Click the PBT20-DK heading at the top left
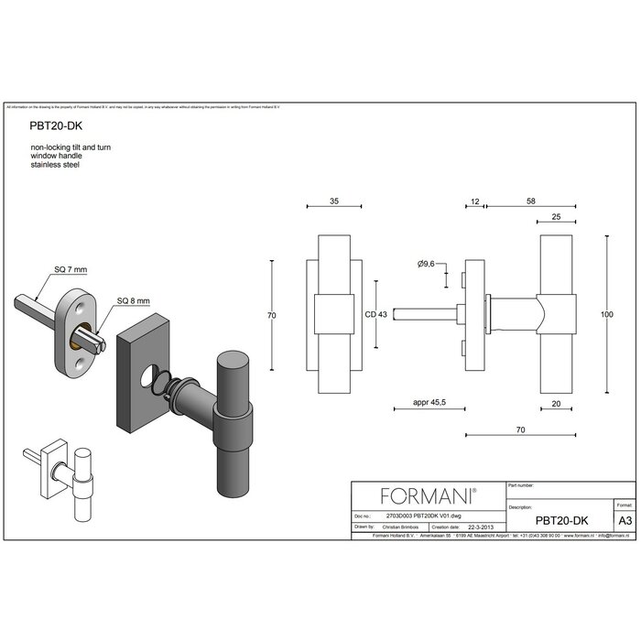point(55,130)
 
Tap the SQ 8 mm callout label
point(133,301)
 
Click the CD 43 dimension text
point(375,315)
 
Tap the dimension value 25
point(557,216)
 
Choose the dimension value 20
point(557,403)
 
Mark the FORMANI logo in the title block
point(428,496)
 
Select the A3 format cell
point(625,520)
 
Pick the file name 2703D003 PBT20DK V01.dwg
point(418,516)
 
